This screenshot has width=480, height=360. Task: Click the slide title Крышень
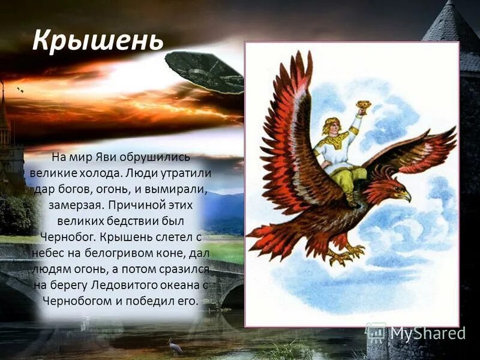pyautogui.click(x=97, y=40)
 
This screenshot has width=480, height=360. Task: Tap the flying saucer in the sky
pyautogui.click(x=204, y=71)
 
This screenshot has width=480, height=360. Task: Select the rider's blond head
pyautogui.click(x=332, y=127)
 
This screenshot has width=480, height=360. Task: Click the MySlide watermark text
pyautogui.click(x=427, y=333)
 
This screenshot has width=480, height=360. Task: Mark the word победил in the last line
pyautogui.click(x=152, y=301)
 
